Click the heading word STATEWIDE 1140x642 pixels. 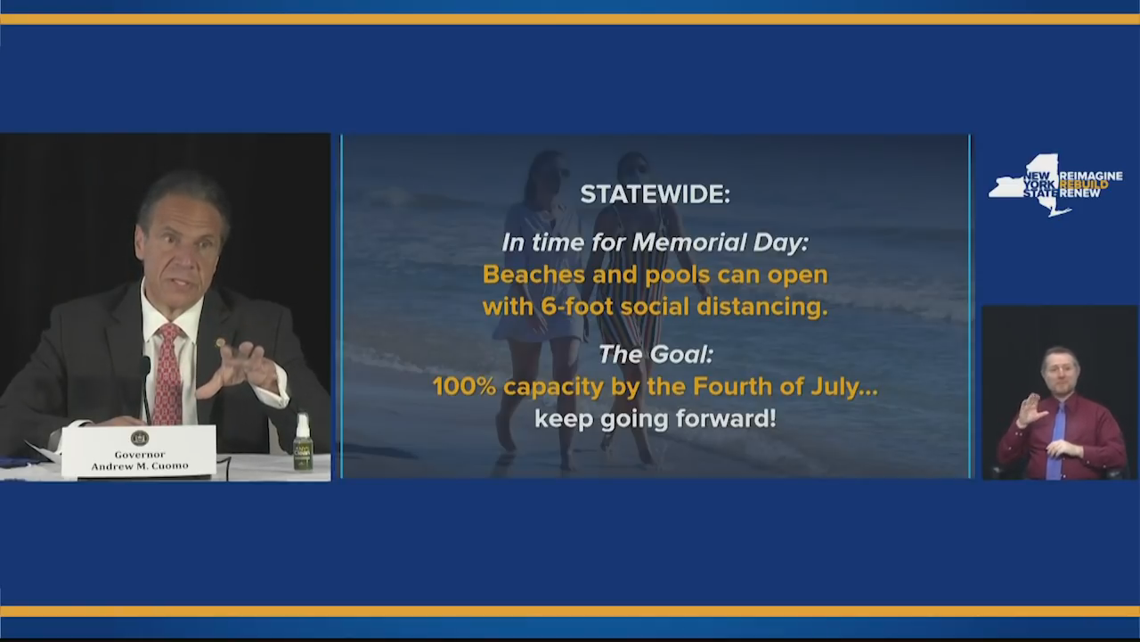tap(655, 194)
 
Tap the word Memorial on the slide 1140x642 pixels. tap(688, 243)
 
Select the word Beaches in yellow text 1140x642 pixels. tap(533, 275)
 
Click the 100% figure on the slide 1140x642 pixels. tap(464, 387)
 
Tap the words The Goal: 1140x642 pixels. tap(655, 354)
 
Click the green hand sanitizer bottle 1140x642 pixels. tap(303, 443)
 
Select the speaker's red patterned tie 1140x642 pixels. tap(168, 374)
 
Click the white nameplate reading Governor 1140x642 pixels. tap(139, 452)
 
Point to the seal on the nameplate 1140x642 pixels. tap(139, 438)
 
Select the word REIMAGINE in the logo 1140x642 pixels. tap(1091, 176)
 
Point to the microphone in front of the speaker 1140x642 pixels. tap(145, 387)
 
